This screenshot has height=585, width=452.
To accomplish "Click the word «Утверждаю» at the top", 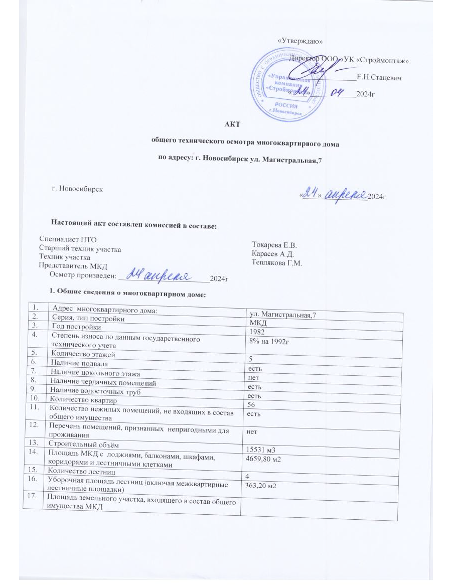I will pos(300,41).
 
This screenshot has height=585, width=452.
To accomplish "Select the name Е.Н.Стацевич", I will pos(378,77).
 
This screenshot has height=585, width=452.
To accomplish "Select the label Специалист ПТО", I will pos(68,240).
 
